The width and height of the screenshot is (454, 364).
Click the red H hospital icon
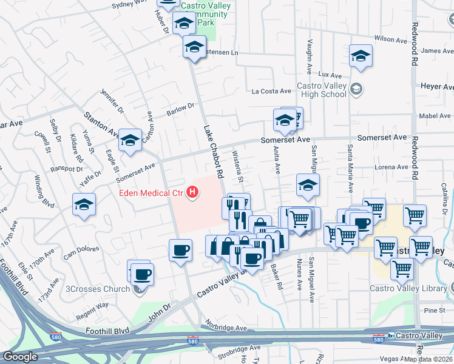tap(192, 193)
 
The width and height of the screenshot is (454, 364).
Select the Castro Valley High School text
tap(321, 90)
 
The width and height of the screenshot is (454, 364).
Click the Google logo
tap(21, 356)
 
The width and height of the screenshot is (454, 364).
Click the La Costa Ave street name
tap(271, 92)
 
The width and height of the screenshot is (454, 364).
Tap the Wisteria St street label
tap(239, 169)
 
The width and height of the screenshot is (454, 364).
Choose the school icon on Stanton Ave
tap(129, 141)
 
